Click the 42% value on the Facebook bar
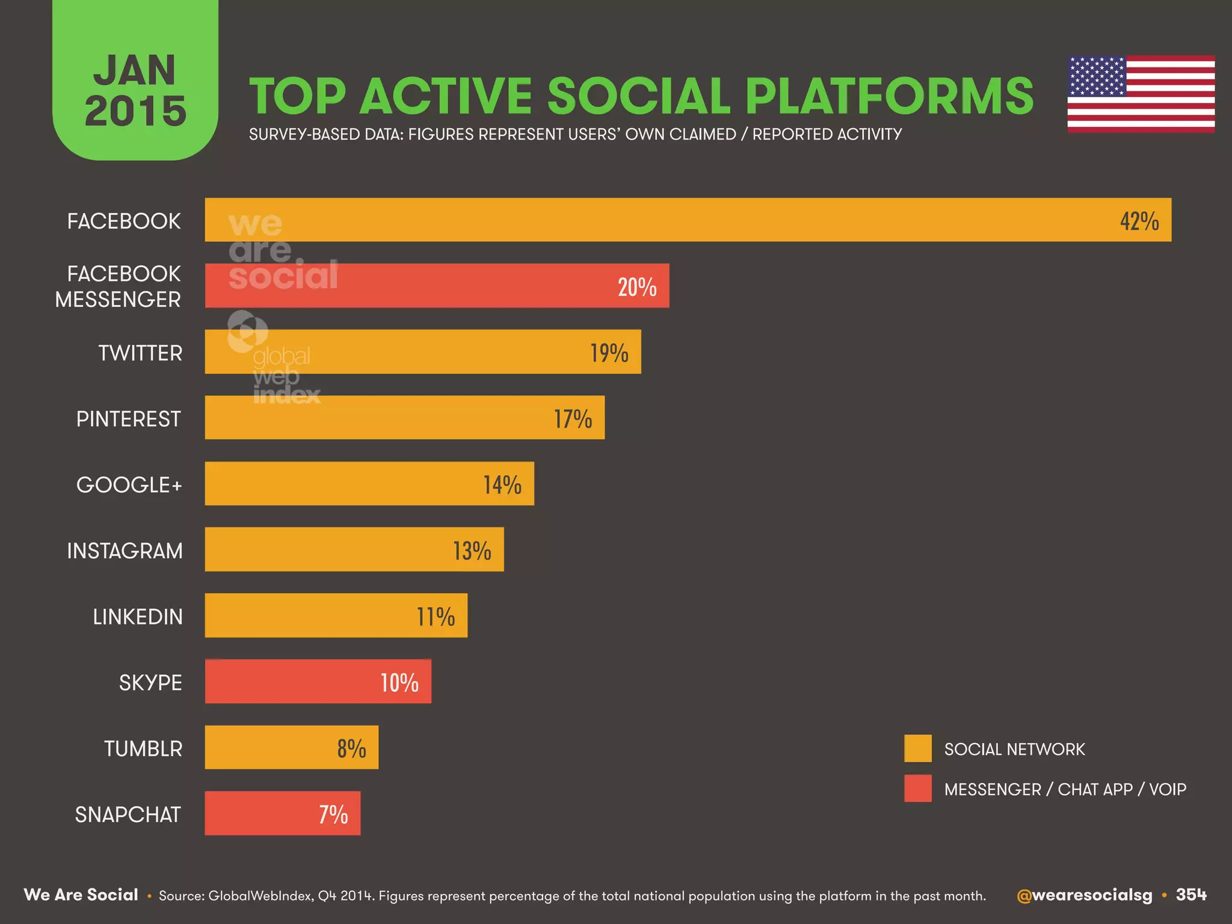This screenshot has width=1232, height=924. (1139, 221)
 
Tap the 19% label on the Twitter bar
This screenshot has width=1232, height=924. (609, 353)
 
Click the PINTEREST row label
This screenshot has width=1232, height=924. (128, 419)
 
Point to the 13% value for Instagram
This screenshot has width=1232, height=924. (472, 550)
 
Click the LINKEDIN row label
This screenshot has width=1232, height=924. (137, 617)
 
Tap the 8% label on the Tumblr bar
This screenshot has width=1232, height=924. (351, 748)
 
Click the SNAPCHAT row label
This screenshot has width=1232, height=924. (128, 815)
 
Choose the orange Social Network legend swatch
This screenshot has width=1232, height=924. (917, 748)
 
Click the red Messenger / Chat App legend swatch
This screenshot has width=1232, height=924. (917, 788)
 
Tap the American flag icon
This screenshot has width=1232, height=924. (1141, 94)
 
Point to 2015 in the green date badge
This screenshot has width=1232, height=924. (135, 111)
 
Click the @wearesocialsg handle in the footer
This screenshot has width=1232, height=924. (1084, 895)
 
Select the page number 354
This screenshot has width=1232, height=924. (1191, 895)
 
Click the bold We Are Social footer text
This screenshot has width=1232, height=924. (81, 895)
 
